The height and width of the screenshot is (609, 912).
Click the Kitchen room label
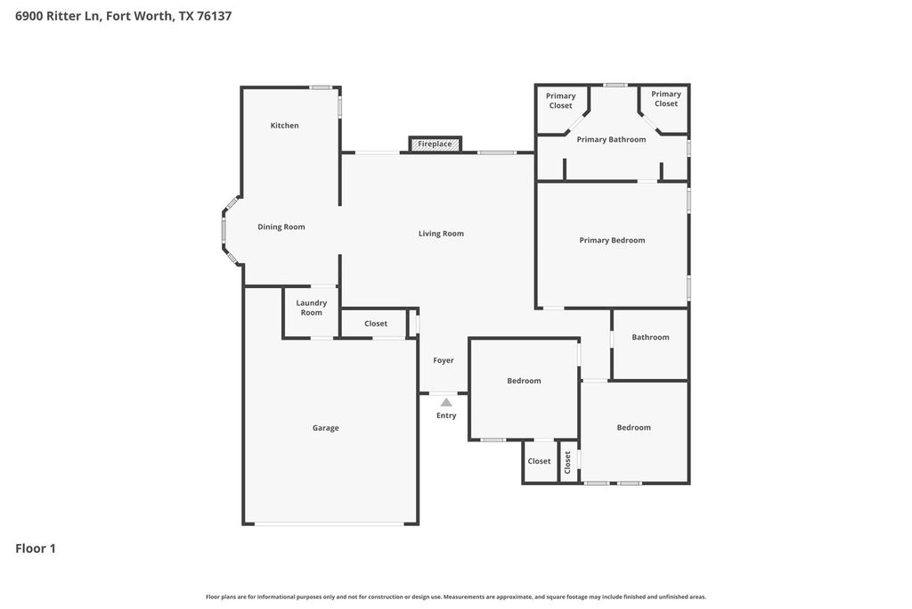pos(284,125)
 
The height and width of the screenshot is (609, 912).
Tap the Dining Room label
pos(281,227)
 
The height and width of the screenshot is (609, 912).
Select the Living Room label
pos(441,234)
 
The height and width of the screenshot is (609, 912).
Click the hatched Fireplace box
pos(435,144)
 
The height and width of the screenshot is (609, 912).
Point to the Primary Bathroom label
pos(611,140)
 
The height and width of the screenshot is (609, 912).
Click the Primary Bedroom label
pos(612,241)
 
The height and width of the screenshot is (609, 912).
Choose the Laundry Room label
pos(311,308)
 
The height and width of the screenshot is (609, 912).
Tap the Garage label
pos(325,428)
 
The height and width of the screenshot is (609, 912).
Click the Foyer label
pos(444,360)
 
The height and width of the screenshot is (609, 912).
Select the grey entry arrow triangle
pos(446,402)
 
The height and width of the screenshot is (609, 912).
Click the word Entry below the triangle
pos(446,416)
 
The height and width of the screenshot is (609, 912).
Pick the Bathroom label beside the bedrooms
pos(650,337)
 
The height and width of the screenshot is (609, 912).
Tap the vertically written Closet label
pos(567,462)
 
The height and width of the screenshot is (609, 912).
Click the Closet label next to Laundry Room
pos(376,324)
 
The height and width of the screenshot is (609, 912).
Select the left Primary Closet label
pos(561,101)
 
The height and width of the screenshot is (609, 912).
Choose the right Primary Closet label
pos(666,99)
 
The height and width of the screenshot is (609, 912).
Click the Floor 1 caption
pos(36,548)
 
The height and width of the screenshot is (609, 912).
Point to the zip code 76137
pos(214,16)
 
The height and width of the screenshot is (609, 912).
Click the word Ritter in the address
pos(63,16)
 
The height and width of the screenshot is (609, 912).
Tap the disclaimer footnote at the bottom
pos(456,597)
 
